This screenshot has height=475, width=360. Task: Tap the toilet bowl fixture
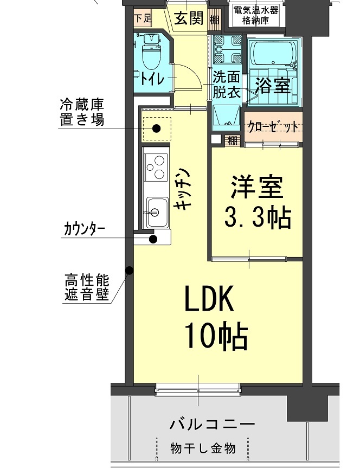tap(149, 54)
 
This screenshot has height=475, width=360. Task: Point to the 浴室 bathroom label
tap(273, 85)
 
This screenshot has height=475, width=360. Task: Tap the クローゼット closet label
tap(273, 127)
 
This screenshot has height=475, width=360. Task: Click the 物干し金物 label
tap(203, 448)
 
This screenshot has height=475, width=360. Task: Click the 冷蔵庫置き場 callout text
tap(81, 113)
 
